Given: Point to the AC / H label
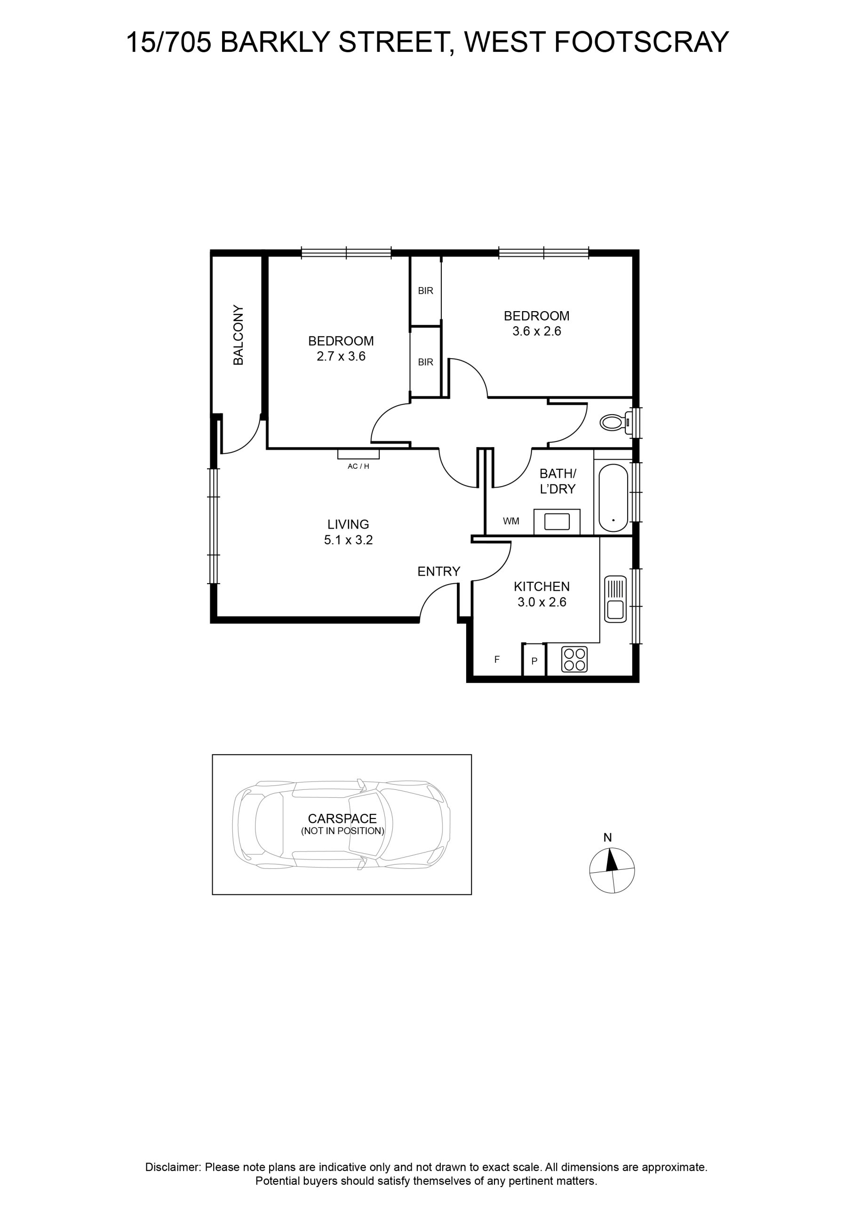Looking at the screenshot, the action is (358, 466).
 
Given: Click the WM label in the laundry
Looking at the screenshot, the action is (511, 521).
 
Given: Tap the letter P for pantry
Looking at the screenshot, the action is (534, 661).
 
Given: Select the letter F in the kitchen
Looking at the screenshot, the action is (497, 660).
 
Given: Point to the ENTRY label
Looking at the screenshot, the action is (438, 571).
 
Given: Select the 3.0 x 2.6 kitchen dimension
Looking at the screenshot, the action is (542, 602).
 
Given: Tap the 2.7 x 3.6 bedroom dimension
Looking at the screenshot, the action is (341, 356).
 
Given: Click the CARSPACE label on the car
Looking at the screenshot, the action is (342, 819).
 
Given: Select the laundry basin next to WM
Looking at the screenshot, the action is (557, 522).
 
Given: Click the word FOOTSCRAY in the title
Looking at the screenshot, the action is (642, 42).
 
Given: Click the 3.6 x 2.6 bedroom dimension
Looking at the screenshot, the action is (537, 331).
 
